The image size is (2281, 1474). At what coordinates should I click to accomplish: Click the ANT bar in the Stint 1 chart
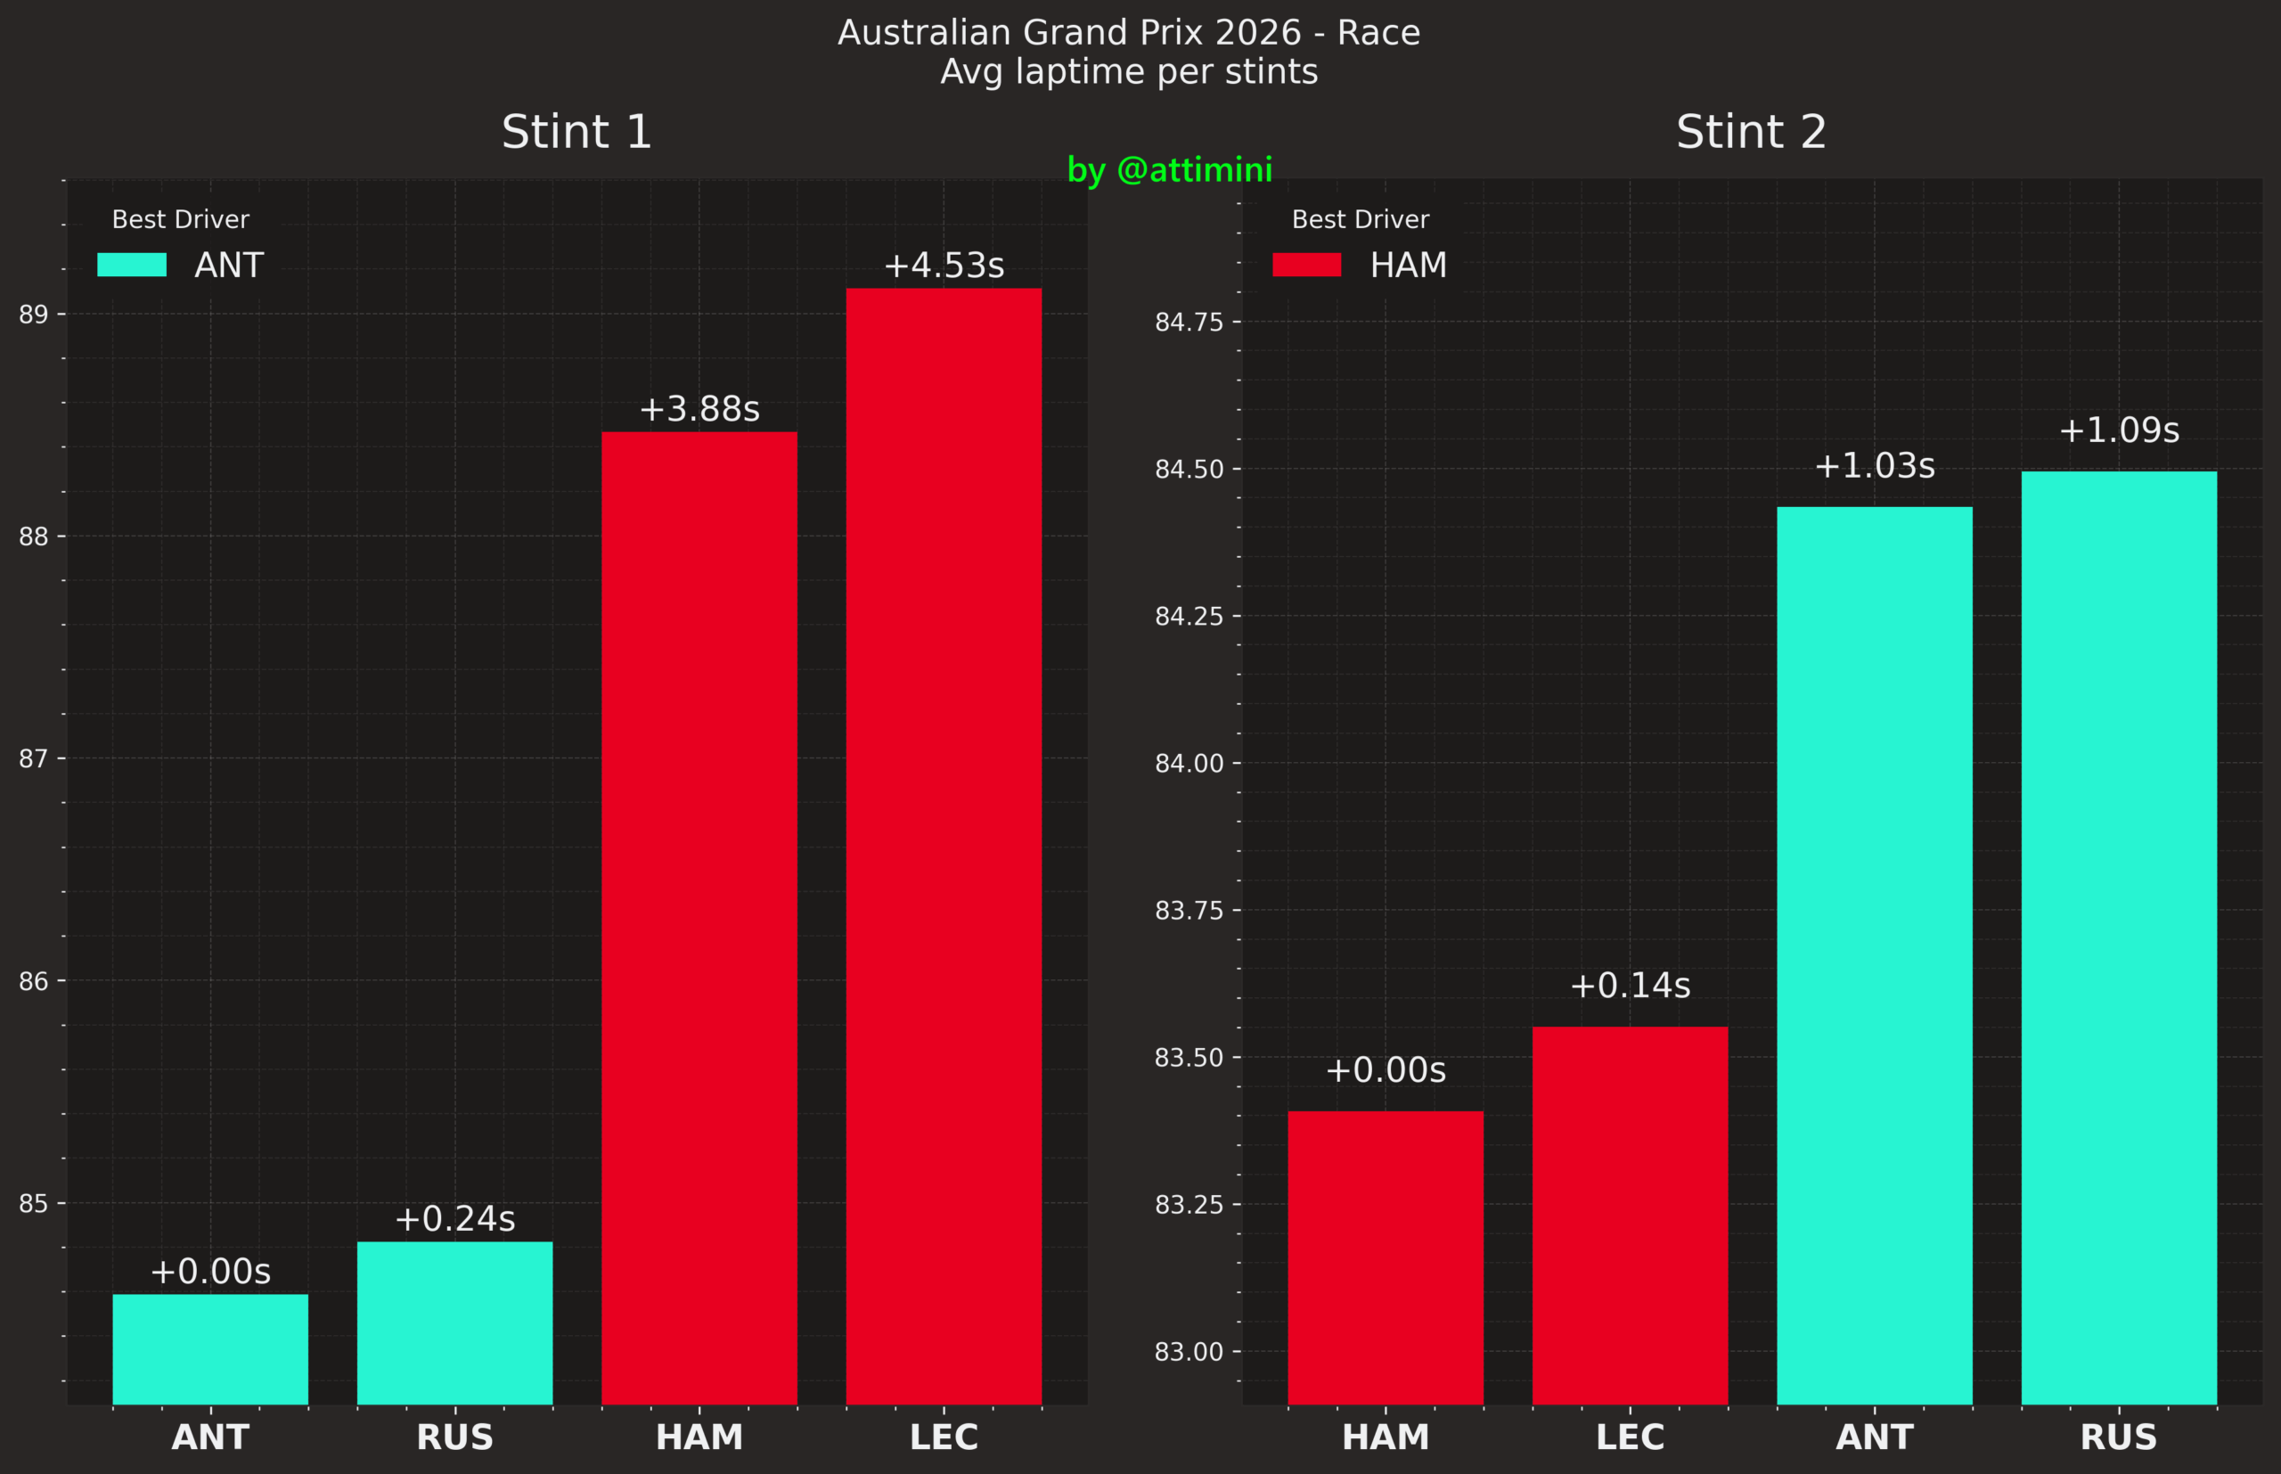210,1348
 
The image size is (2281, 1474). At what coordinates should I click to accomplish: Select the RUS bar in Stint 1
454,1323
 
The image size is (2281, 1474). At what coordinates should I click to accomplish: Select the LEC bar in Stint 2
1630,1215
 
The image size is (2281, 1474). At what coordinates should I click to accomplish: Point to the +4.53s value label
944,266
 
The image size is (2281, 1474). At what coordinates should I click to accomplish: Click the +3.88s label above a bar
699,409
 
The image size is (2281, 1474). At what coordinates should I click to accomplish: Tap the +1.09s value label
2118,430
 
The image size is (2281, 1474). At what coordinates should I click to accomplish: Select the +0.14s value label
1630,985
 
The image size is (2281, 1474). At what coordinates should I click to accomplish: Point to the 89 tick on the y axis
34,314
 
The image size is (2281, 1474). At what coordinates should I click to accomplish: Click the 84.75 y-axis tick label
1189,322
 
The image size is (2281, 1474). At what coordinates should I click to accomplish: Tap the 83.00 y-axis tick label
1189,1352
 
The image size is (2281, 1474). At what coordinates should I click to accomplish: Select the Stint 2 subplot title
1751,131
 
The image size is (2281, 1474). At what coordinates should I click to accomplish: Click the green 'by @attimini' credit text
1169,169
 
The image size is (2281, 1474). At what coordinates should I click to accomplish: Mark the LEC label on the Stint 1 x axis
944,1437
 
